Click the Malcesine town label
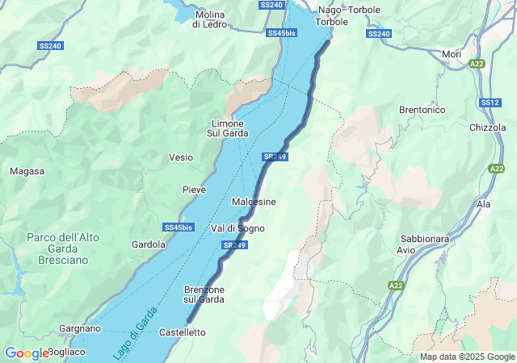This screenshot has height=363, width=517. (x=254, y=201)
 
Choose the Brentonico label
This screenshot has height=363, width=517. (x=422, y=110)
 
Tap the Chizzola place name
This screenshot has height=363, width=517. (x=487, y=127)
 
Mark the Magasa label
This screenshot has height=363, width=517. (x=27, y=171)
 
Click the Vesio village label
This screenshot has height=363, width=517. (x=180, y=157)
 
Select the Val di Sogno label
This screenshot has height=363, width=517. (x=237, y=228)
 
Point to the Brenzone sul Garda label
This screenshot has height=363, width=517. (x=204, y=294)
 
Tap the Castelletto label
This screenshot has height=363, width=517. (x=183, y=332)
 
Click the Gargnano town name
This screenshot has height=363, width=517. (x=80, y=328)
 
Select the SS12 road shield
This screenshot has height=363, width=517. (x=490, y=102)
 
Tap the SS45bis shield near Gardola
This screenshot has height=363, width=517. (x=178, y=227)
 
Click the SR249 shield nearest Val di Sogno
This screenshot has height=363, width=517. (x=233, y=244)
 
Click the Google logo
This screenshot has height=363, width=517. (x=26, y=353)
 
